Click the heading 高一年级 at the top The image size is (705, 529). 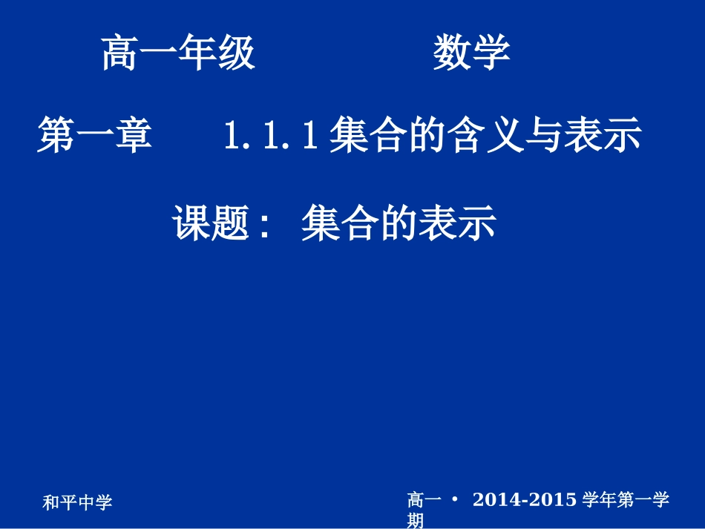pyautogui.click(x=178, y=54)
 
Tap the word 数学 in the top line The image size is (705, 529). pyautogui.click(x=471, y=54)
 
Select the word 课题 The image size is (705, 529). pyautogui.click(x=210, y=223)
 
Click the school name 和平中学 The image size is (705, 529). pyautogui.click(x=77, y=503)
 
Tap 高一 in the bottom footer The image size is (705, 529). pyautogui.click(x=424, y=500)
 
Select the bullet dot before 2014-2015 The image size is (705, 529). pyautogui.click(x=455, y=500)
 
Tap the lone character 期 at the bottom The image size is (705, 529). pyautogui.click(x=416, y=521)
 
